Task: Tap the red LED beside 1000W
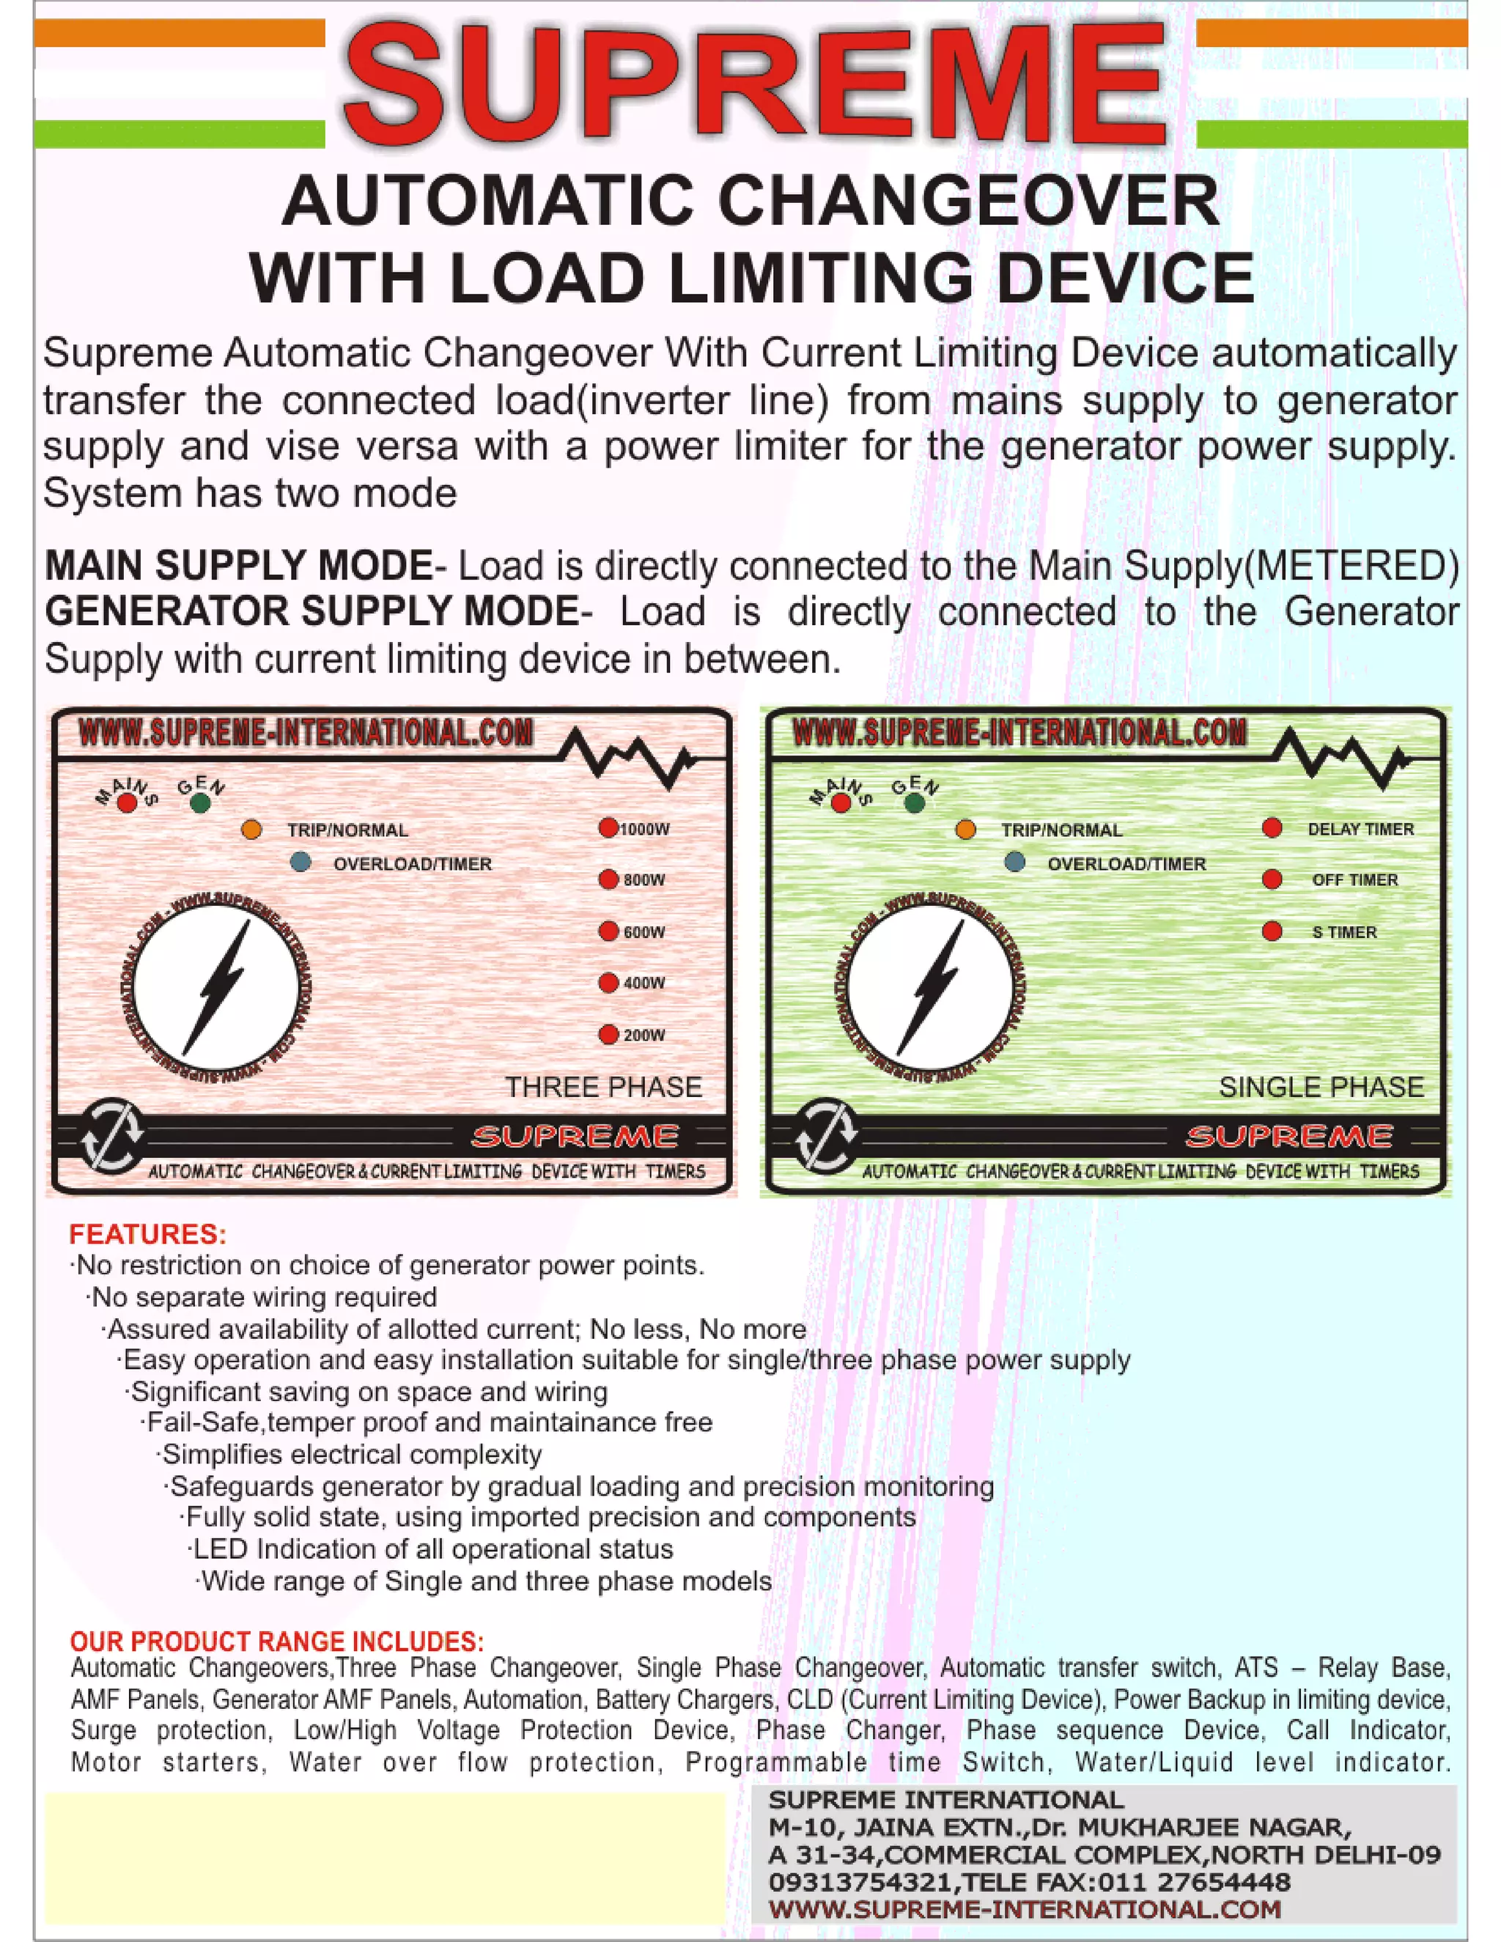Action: pos(608,828)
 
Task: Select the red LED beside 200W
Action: pos(608,1034)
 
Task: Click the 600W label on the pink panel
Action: pos(643,932)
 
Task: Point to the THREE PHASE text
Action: pos(604,1087)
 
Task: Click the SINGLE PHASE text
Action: pos(1321,1087)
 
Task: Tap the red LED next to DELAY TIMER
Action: pos(1272,828)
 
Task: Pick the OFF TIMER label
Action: pos(1354,879)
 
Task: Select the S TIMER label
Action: pos(1343,932)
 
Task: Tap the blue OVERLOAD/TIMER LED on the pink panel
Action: pos(300,862)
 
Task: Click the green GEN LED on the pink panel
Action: pos(200,804)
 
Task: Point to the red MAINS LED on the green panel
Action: pos(841,804)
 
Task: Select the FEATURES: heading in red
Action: pos(147,1234)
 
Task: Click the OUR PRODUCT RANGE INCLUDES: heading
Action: pos(276,1642)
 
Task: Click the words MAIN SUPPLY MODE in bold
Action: pos(238,566)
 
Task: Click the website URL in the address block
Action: pos(1025,1909)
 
